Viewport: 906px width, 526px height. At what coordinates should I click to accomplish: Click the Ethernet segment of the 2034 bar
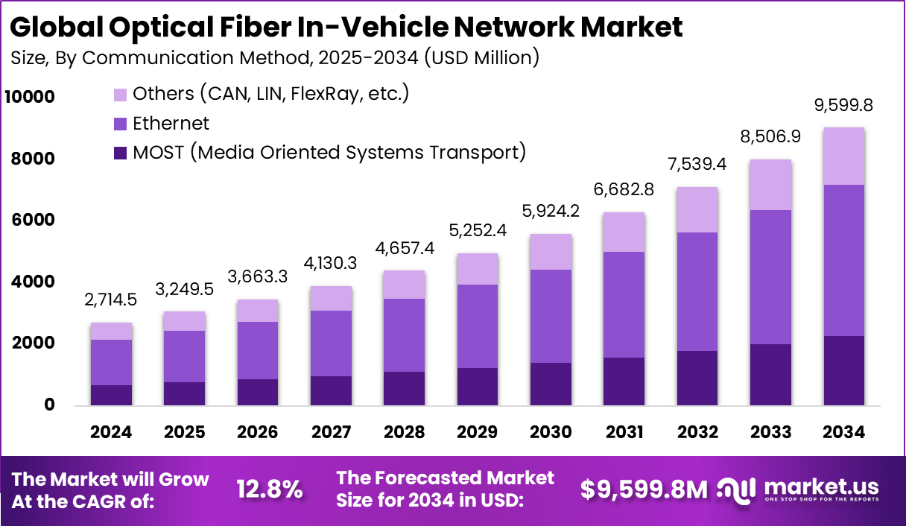click(843, 261)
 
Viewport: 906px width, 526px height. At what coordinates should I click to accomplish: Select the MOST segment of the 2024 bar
click(111, 395)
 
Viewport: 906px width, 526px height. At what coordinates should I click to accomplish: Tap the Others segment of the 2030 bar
click(551, 252)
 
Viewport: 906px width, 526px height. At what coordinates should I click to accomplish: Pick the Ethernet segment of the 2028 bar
click(404, 335)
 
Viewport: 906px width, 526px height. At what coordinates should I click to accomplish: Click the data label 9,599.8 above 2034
click(843, 106)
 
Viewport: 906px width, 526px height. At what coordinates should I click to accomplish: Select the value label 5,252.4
click(477, 231)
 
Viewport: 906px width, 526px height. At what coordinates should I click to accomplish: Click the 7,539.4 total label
click(697, 164)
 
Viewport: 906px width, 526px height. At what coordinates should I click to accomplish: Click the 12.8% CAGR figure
click(269, 489)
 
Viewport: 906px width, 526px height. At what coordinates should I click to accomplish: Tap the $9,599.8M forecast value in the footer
click(644, 489)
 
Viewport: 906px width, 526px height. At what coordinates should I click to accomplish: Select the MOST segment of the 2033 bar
click(770, 375)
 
